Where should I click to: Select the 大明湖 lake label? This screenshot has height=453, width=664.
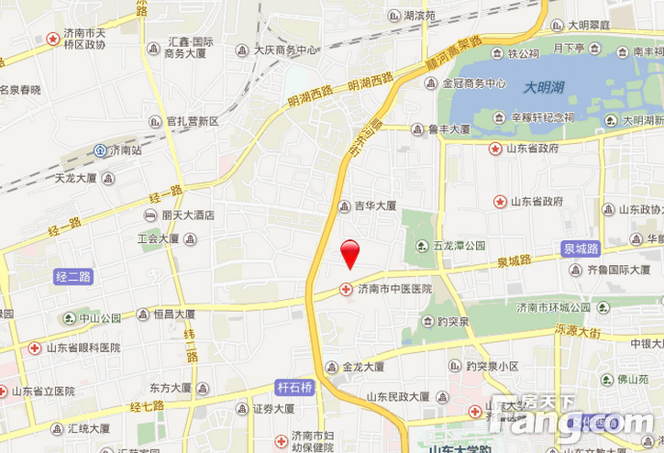coord(546,88)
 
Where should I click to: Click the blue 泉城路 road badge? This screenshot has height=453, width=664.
coord(581,248)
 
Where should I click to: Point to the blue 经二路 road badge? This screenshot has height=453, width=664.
coord(73,276)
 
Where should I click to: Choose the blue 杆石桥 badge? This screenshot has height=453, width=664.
coord(294,388)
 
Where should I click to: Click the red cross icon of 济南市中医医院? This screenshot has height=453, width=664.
coord(346,289)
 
